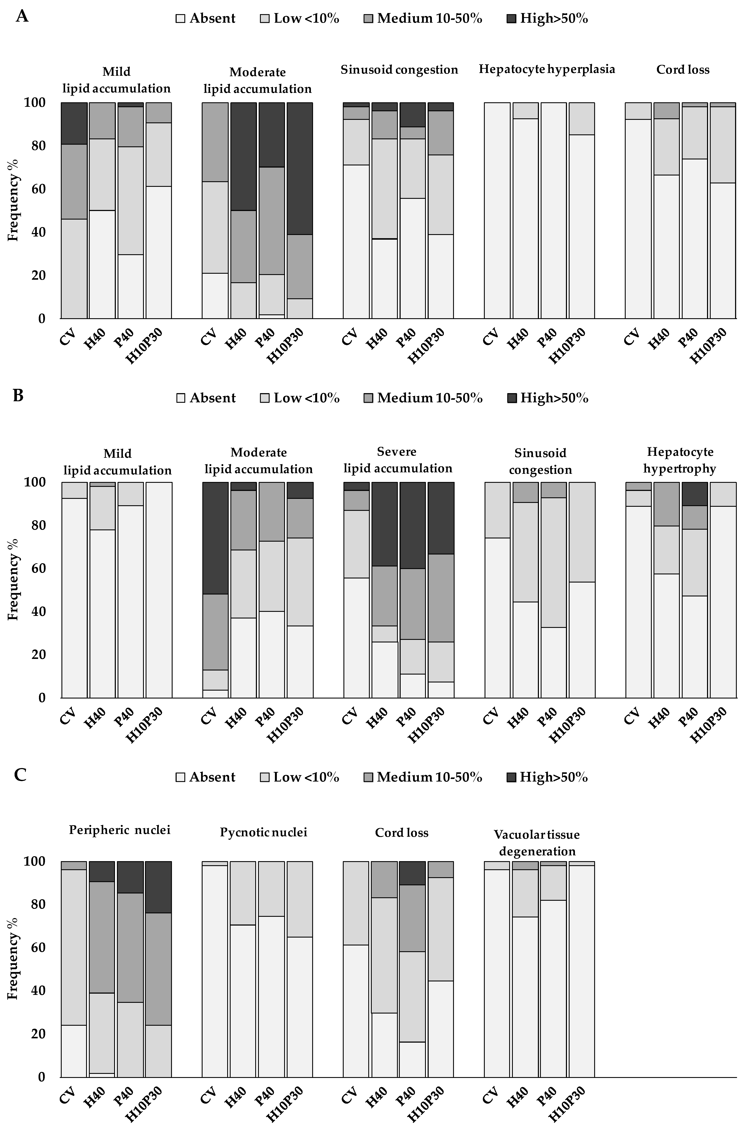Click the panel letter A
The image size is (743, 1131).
point(22,17)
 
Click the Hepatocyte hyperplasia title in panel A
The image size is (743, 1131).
point(547,69)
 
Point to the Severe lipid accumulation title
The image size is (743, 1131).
point(397,460)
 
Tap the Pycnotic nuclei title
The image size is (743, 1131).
point(263,832)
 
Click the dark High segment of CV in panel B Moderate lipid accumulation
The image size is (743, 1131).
point(215,537)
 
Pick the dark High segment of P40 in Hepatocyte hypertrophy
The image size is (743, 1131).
point(695,494)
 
